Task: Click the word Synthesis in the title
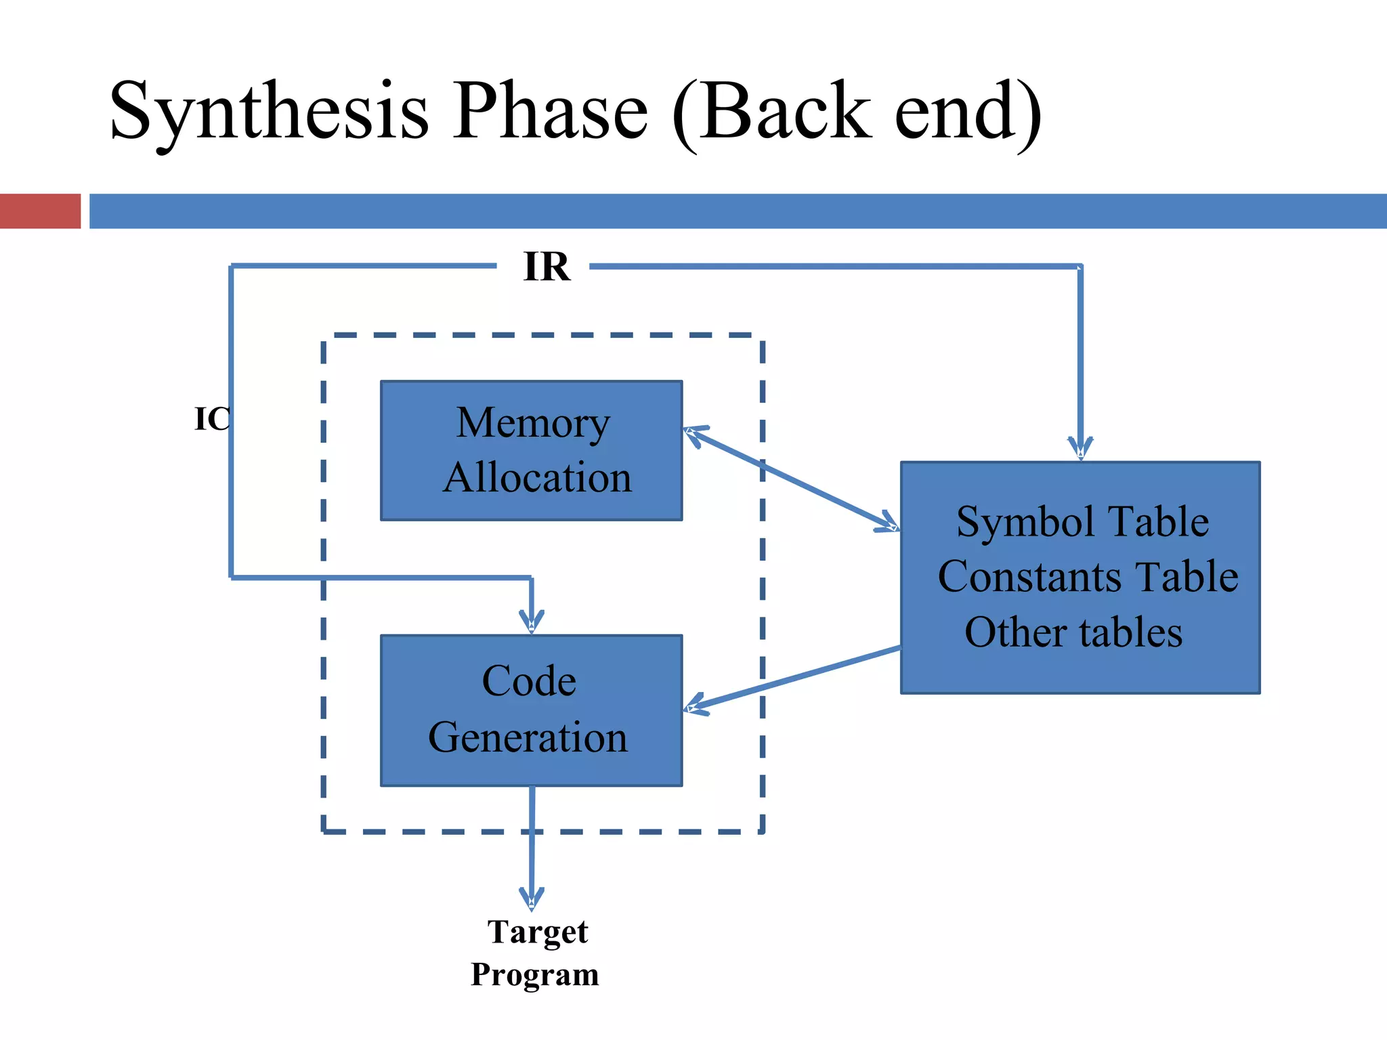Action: coord(269,112)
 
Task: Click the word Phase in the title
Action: coord(551,112)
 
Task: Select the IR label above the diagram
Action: coord(547,267)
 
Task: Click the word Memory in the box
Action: coord(533,423)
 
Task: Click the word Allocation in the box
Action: coord(537,477)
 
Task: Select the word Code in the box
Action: coord(529,680)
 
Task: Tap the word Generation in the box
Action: coord(528,737)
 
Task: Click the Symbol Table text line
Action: coord(1082,522)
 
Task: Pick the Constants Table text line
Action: coord(1087,577)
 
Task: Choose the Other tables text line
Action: coord(1073,632)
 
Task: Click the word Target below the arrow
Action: coord(537,932)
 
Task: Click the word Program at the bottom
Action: coord(534,975)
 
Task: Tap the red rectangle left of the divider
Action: coord(40,211)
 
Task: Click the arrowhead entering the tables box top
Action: coord(1080,448)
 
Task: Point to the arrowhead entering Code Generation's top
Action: coord(532,622)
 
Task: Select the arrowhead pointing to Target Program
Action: coord(532,898)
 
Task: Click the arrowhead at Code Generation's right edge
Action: coord(694,706)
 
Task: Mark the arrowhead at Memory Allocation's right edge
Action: coord(694,433)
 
